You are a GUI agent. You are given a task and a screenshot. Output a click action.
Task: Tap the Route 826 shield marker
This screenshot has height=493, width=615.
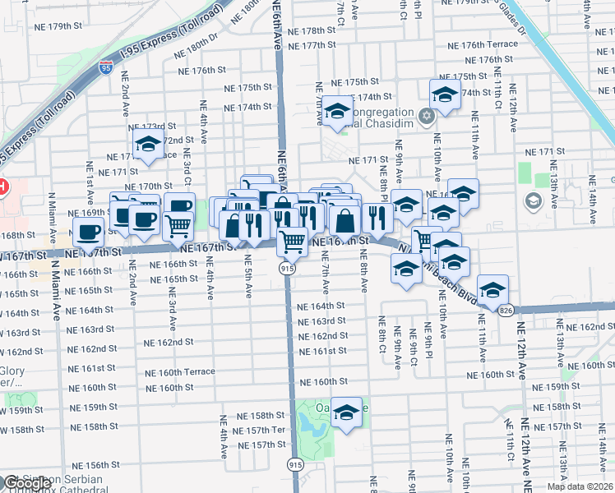(x=506, y=309)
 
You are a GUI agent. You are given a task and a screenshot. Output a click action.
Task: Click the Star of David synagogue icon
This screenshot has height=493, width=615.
(x=426, y=114)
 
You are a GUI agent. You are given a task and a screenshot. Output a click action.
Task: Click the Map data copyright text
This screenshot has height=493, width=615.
(x=580, y=486)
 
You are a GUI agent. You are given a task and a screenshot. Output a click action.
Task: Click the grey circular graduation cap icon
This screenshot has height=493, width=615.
(x=534, y=201)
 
